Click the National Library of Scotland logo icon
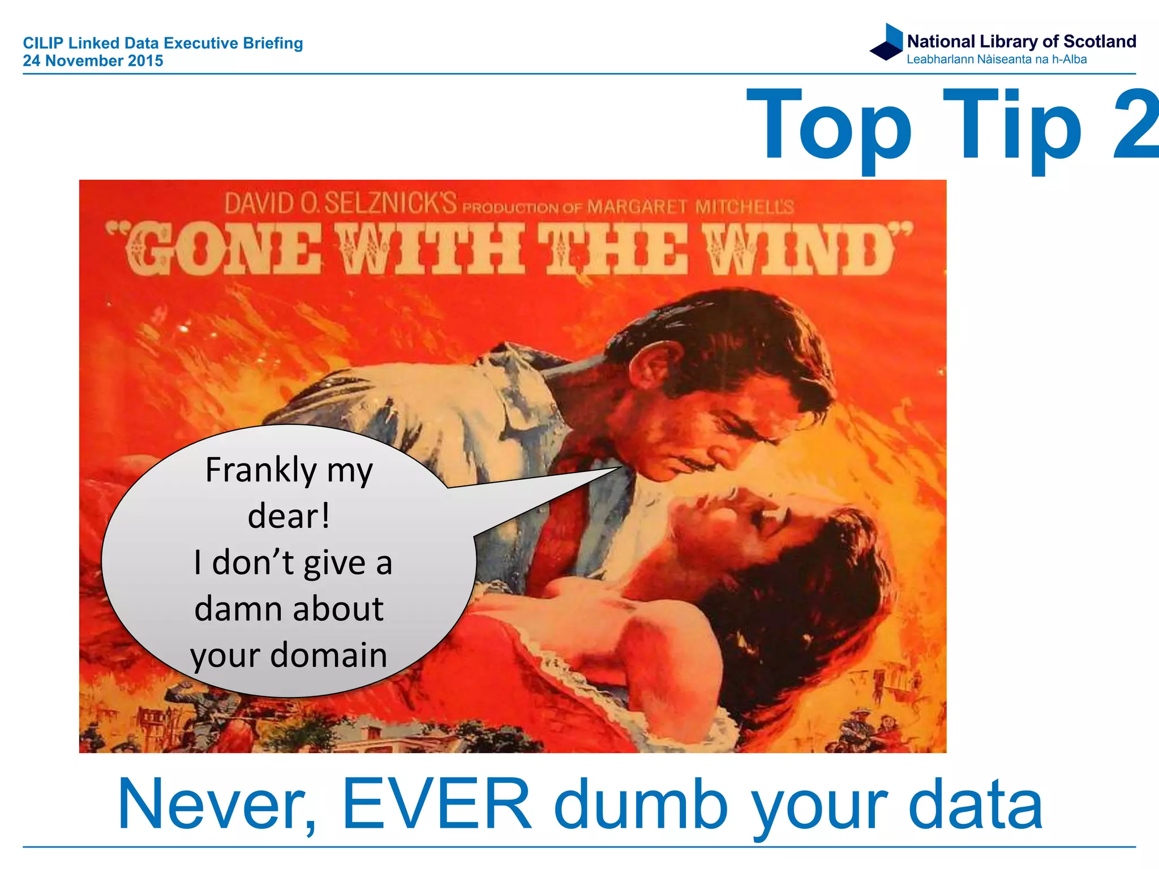click(887, 42)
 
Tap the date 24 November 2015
click(93, 61)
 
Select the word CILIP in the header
click(43, 43)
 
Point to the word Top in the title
click(829, 127)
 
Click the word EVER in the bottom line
click(437, 804)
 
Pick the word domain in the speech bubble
click(328, 655)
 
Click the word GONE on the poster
click(221, 249)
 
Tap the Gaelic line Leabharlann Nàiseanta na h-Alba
click(996, 59)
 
